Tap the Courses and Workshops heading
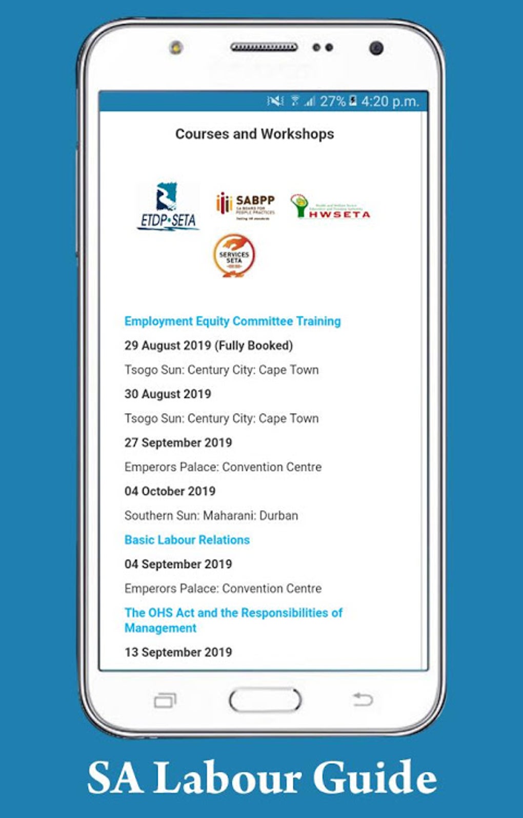tap(254, 134)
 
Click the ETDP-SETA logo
tap(168, 207)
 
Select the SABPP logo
tap(246, 205)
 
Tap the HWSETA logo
tap(330, 207)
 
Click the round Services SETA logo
tap(234, 256)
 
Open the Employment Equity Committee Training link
tap(232, 321)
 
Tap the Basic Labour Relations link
tap(187, 540)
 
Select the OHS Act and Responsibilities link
tap(233, 620)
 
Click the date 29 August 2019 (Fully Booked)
tap(208, 345)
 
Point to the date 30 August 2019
tap(168, 394)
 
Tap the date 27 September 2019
tap(178, 442)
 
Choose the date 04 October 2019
tap(170, 491)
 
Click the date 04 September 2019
tap(178, 564)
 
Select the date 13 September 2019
tap(178, 652)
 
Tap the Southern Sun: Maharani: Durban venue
tap(211, 515)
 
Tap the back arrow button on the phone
tap(363, 699)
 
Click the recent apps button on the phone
tap(165, 700)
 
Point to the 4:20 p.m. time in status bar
tap(390, 101)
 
